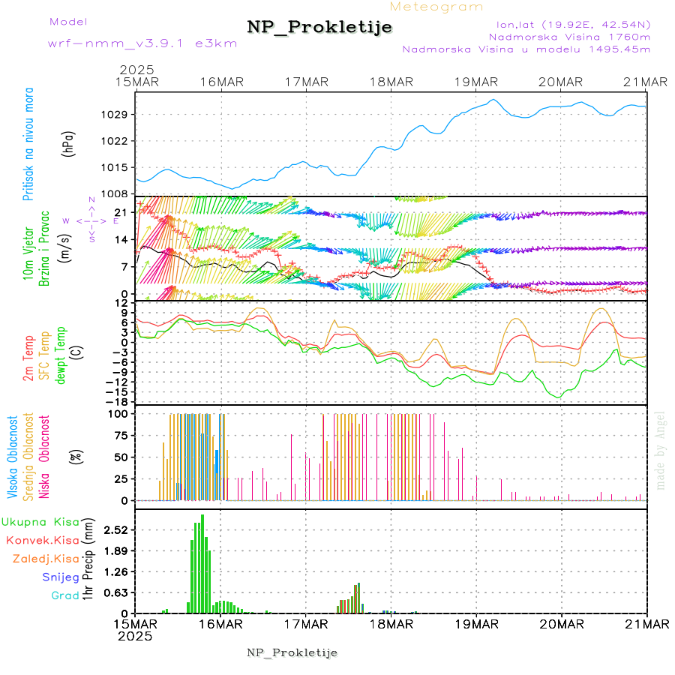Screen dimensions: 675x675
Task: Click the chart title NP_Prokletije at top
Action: [319, 28]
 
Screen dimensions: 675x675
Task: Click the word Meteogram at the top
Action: [437, 7]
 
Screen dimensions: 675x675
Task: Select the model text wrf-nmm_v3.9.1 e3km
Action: [142, 43]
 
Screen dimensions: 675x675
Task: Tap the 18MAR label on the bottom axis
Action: [391, 624]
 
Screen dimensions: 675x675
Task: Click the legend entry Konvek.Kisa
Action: [42, 540]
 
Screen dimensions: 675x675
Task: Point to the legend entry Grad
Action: [65, 595]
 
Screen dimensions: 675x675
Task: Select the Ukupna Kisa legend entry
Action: [40, 521]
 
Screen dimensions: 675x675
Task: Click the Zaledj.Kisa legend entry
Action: [46, 558]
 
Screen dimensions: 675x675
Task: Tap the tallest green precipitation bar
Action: [202, 562]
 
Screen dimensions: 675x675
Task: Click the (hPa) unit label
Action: [68, 142]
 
